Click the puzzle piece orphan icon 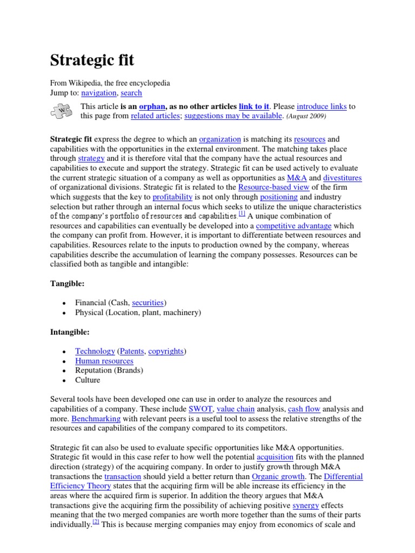[62, 111]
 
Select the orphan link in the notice [152, 106]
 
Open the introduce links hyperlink [322, 106]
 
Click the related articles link [154, 116]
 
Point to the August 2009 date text [306, 116]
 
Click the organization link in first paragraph [220, 139]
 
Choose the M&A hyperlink [297, 178]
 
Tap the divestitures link [342, 178]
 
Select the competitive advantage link [293, 226]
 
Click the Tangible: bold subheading [68, 283]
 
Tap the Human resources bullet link [104, 361]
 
